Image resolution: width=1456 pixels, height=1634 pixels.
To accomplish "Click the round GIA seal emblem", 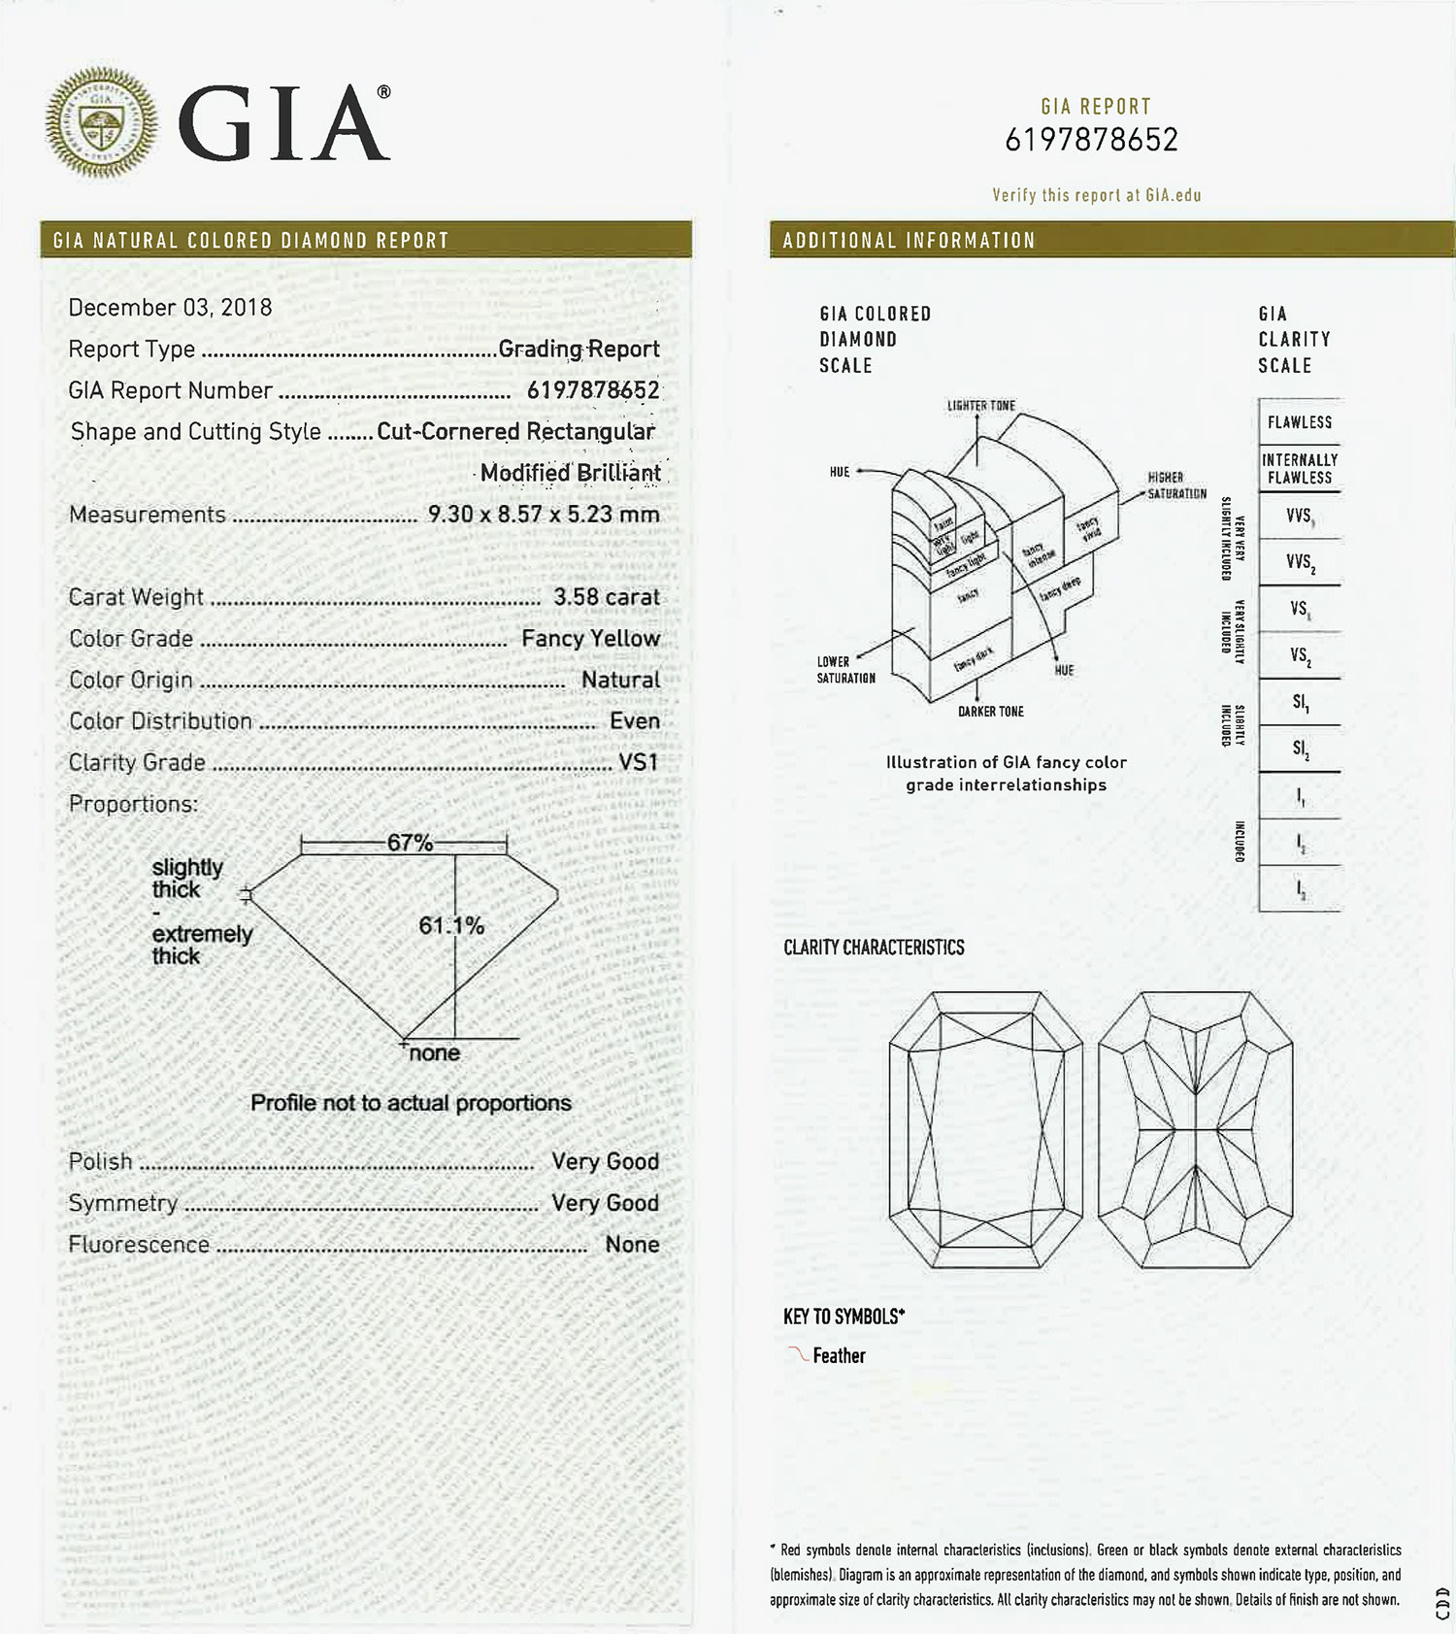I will [x=101, y=122].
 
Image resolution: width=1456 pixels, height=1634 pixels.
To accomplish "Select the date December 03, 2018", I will [x=170, y=308].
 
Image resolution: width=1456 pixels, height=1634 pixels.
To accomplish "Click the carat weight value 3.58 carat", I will [x=606, y=597].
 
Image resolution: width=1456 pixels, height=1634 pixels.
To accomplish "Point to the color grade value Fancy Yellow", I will [x=590, y=639].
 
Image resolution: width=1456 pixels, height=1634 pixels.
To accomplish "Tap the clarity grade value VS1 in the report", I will [x=639, y=763].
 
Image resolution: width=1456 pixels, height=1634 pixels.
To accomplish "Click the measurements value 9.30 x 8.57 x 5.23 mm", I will [x=543, y=515].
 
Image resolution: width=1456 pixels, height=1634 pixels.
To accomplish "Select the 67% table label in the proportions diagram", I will [x=410, y=843].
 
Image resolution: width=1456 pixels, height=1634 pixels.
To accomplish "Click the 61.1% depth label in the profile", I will [x=451, y=926].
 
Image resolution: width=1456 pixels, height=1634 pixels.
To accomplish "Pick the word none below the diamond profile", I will [x=434, y=1053].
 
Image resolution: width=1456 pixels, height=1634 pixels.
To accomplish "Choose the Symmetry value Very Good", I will [x=605, y=1203].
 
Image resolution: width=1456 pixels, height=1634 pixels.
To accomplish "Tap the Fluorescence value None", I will [x=632, y=1245].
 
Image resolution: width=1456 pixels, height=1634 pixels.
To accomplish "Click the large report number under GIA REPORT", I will [x=1091, y=141].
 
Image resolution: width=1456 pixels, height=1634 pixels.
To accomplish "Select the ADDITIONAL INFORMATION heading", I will [x=909, y=241].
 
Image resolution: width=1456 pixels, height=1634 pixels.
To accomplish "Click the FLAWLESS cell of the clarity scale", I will [x=1299, y=422].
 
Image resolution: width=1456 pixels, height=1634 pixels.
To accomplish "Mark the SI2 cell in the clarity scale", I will [x=1299, y=749].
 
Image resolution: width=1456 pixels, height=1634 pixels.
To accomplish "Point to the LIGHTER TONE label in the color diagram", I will [x=980, y=406].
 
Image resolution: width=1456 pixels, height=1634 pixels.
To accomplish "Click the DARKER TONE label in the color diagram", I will [x=990, y=712].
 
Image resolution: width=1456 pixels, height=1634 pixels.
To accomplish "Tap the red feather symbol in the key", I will [x=798, y=1354].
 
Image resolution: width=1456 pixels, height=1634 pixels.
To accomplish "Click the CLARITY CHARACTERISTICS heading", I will [x=874, y=948].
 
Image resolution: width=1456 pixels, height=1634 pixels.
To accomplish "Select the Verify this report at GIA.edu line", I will [x=1096, y=195].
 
